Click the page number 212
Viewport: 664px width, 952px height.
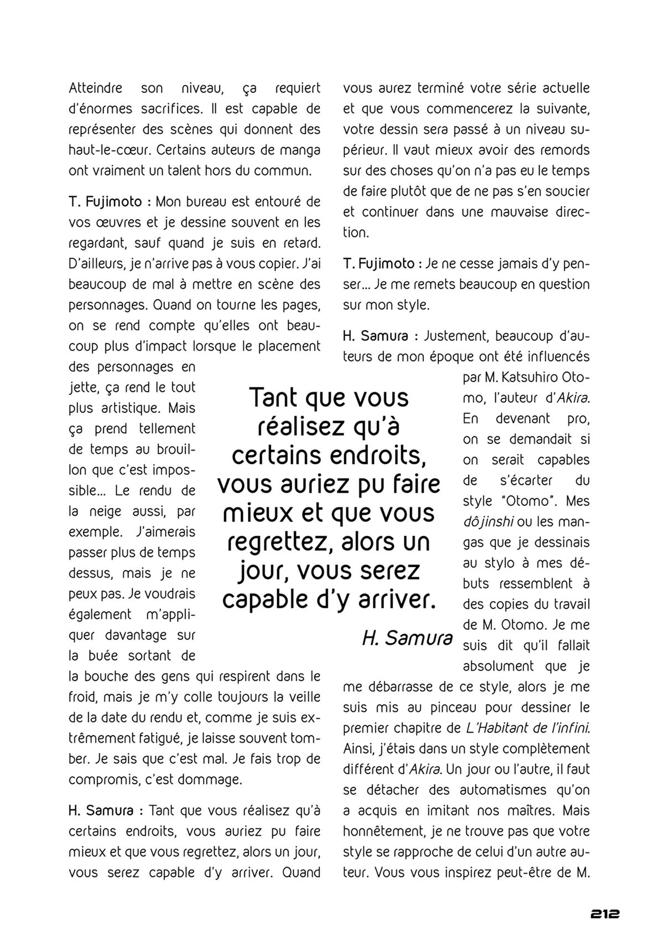click(604, 914)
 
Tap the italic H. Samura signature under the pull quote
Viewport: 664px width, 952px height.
click(407, 638)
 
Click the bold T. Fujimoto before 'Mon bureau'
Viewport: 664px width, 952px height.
click(105, 202)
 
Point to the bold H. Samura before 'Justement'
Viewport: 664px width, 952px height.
click(376, 336)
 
